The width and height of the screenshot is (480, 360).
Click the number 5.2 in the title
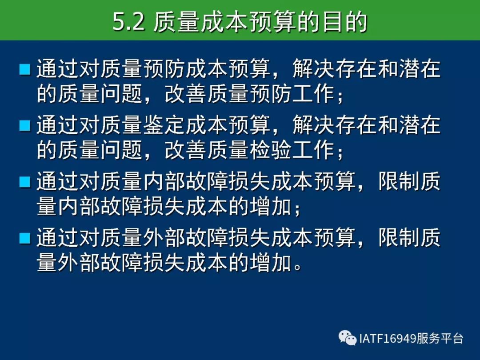coord(128,22)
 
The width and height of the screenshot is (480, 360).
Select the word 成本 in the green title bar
coord(224,22)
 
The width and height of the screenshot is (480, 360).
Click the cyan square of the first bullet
coord(25,69)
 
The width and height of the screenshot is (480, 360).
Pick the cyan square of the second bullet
coord(25,125)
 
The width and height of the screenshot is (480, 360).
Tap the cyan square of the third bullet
coord(25,182)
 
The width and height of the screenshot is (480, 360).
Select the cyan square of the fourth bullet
coord(25,238)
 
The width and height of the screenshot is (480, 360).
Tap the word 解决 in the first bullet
coord(313,68)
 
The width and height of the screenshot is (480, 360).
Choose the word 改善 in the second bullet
coord(186,150)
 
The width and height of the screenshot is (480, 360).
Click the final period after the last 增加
coord(297,267)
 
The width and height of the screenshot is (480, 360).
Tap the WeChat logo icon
coord(348,338)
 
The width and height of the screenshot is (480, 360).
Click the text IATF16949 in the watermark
coord(387,339)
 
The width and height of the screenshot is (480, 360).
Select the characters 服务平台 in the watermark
coord(439,339)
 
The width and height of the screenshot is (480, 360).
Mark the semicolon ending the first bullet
coord(340,96)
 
